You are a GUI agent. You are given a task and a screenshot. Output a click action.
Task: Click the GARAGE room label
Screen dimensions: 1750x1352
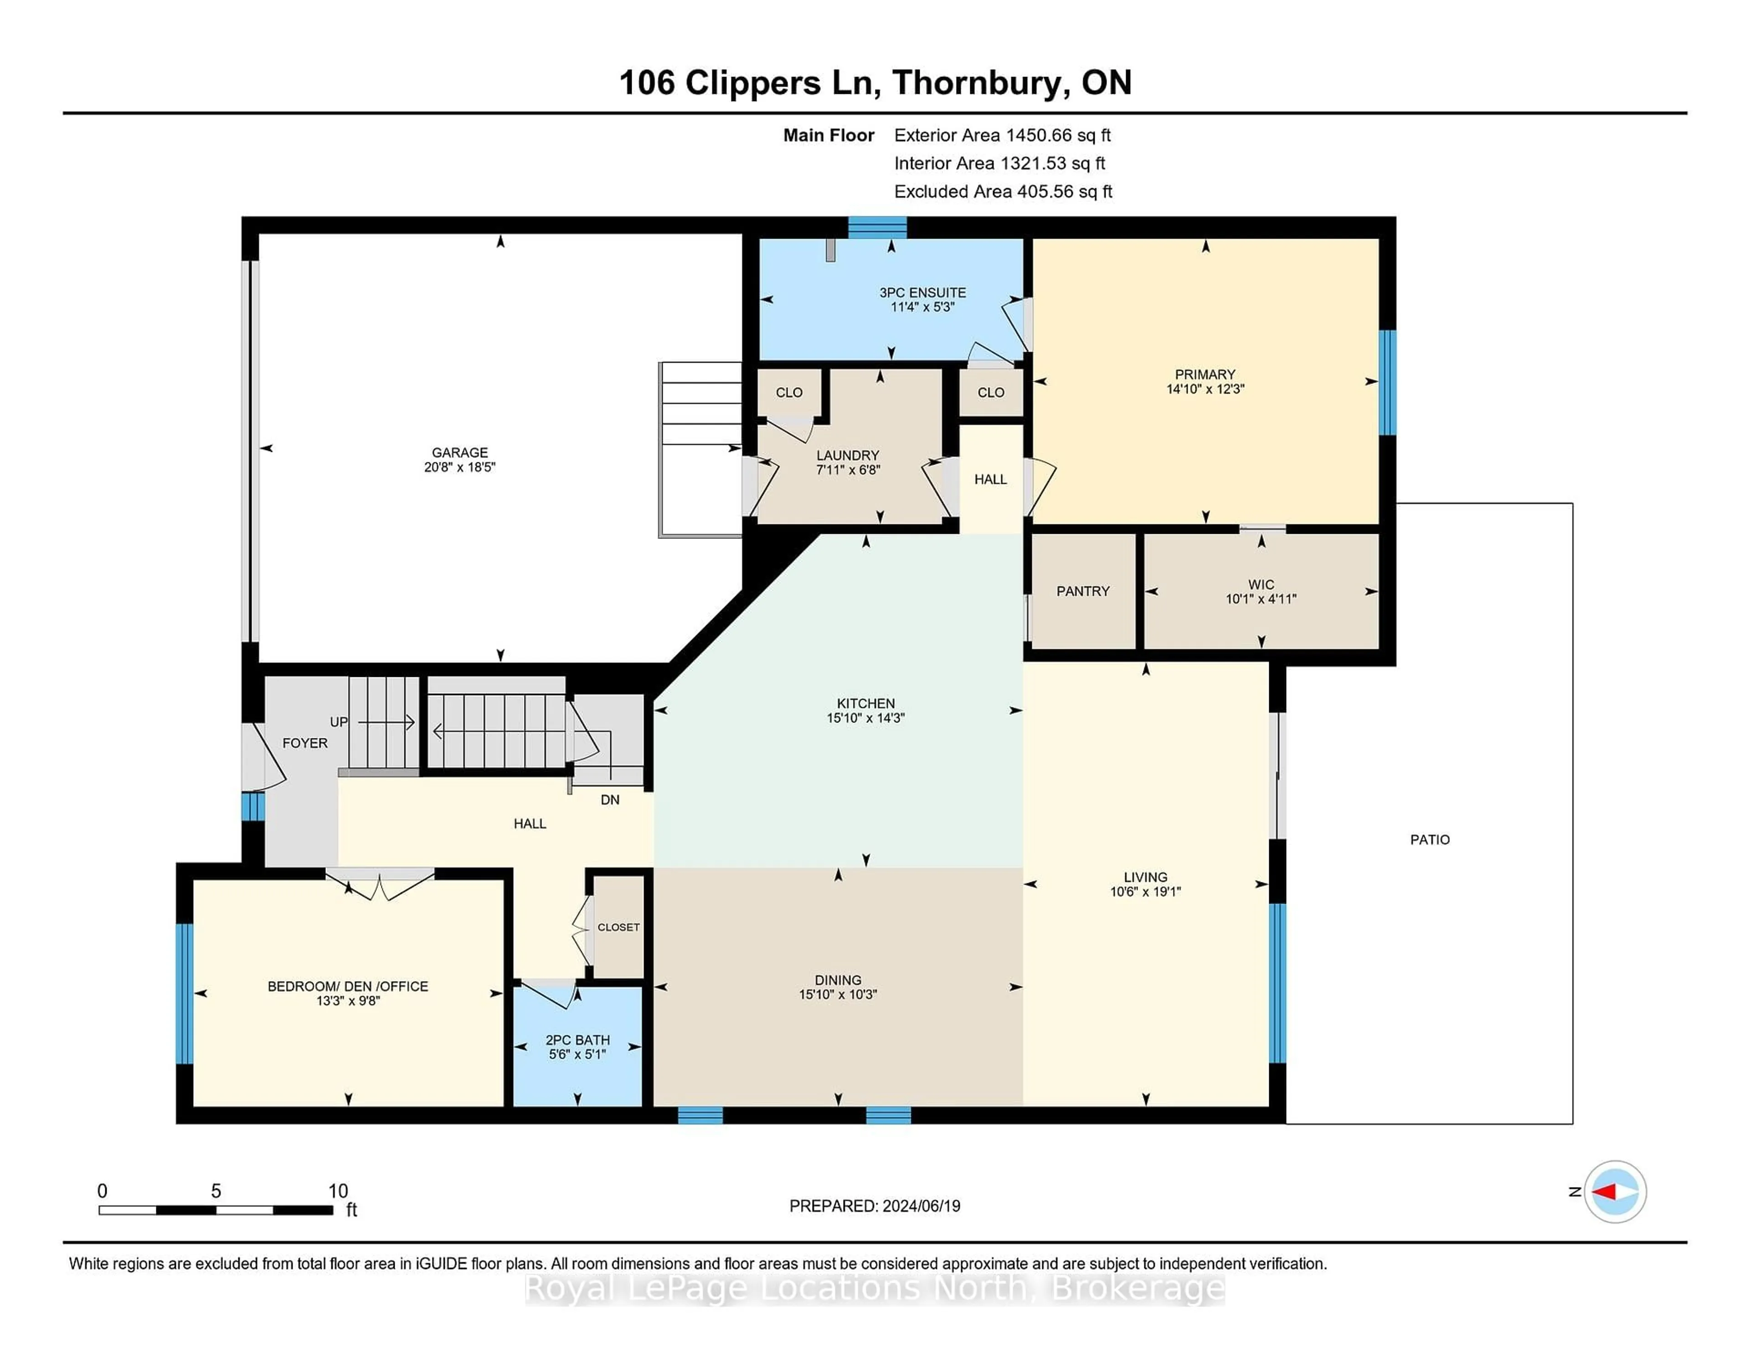point(460,452)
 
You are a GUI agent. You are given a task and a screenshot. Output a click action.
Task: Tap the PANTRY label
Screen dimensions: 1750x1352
point(1082,591)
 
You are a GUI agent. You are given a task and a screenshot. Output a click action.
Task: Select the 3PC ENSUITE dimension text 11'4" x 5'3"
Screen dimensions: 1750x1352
point(922,307)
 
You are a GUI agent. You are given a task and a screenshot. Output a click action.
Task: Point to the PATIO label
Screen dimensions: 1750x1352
point(1430,840)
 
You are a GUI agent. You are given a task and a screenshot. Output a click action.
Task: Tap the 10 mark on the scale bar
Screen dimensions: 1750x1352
point(338,1191)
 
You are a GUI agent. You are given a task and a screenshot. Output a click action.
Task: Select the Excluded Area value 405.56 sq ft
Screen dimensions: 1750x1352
point(1065,191)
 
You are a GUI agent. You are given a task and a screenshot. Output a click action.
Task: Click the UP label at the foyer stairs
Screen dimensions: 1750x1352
point(339,722)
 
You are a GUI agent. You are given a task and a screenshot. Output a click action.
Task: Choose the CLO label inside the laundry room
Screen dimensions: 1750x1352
point(789,393)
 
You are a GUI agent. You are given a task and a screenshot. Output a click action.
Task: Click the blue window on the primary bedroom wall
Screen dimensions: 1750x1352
point(1388,382)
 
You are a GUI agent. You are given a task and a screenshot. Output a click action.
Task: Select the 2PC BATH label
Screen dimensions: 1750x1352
point(578,1040)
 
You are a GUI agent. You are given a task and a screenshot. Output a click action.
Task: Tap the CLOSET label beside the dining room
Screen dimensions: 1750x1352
point(618,927)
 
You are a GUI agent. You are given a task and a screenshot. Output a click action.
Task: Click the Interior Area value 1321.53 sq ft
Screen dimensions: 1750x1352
point(1053,164)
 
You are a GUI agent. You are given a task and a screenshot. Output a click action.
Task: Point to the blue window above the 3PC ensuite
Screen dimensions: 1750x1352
point(877,227)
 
